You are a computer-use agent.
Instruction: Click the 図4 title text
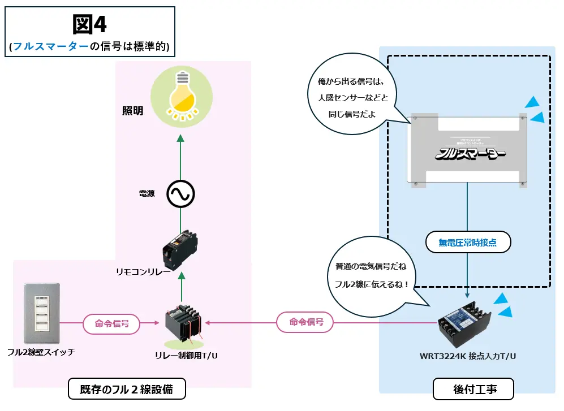[90, 24]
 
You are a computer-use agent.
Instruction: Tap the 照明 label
[133, 111]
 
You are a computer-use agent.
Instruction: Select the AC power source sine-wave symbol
[180, 194]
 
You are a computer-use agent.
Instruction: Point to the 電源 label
[147, 194]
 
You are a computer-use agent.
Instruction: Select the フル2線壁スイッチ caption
[41, 352]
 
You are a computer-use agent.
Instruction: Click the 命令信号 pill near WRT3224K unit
[305, 322]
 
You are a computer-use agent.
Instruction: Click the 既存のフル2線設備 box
[127, 390]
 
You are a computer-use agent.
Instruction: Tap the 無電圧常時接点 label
[467, 243]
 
